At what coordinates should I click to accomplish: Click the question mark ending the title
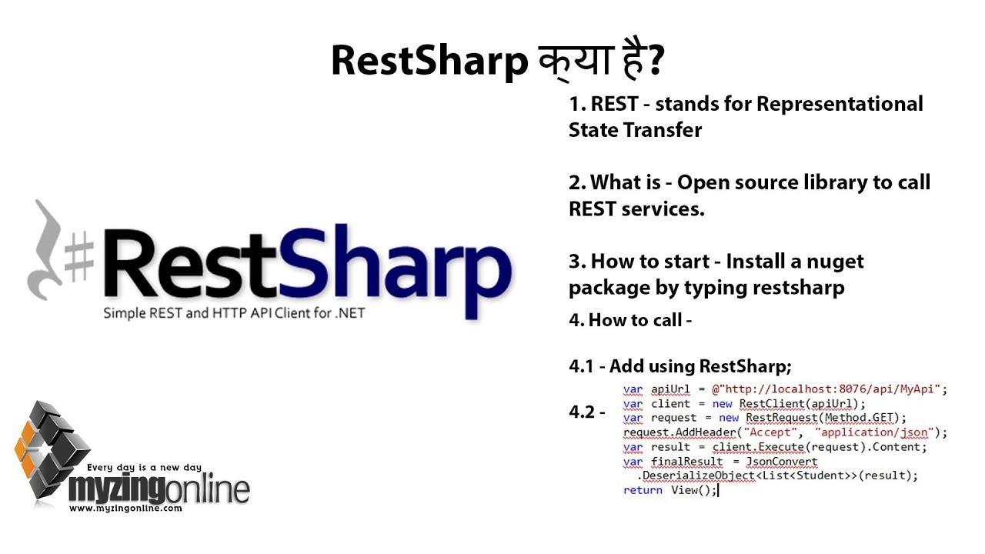click(x=655, y=62)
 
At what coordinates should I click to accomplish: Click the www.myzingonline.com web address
click(x=125, y=509)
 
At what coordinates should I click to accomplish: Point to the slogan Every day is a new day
click(x=144, y=467)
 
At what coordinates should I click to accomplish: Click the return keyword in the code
click(x=643, y=490)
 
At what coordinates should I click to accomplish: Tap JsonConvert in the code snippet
click(x=782, y=462)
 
